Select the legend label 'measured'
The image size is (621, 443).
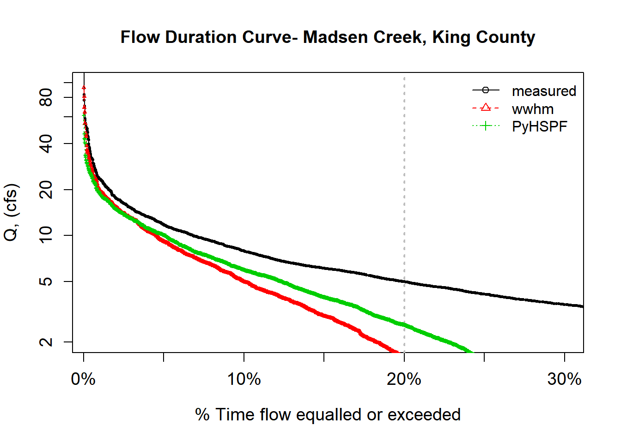click(x=544, y=91)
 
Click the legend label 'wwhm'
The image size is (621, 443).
click(x=532, y=109)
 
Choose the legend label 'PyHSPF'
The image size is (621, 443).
click(x=539, y=126)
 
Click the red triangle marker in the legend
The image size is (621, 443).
click(x=486, y=108)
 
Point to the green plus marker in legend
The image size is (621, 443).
click(x=486, y=126)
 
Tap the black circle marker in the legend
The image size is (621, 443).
click(x=486, y=90)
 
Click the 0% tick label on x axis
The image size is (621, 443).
click(x=83, y=379)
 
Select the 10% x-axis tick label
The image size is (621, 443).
click(x=244, y=379)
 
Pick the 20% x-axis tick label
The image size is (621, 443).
click(x=404, y=379)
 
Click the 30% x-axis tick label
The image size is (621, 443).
click(x=564, y=379)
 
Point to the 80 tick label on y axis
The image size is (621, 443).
click(x=46, y=97)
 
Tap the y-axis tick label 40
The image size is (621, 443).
click(x=46, y=144)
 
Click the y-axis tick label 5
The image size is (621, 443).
click(x=46, y=281)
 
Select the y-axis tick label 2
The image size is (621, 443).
click(x=46, y=342)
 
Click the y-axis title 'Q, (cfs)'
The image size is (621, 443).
click(x=11, y=212)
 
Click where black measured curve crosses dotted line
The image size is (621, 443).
click(x=404, y=281)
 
